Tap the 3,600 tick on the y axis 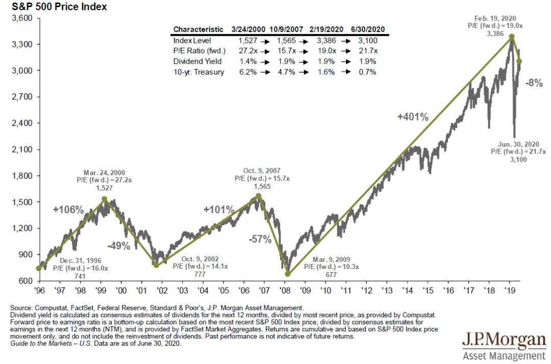(x=22, y=18)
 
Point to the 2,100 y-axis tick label (x=22, y=150)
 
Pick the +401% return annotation (x=413, y=117)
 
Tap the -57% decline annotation (x=260, y=239)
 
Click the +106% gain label (x=68, y=210)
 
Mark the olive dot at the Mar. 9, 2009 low (x=288, y=274)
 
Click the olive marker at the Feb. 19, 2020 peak (x=511, y=37)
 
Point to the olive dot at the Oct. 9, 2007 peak (x=259, y=196)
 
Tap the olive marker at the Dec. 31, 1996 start (x=39, y=268)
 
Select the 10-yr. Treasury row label (x=198, y=72)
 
